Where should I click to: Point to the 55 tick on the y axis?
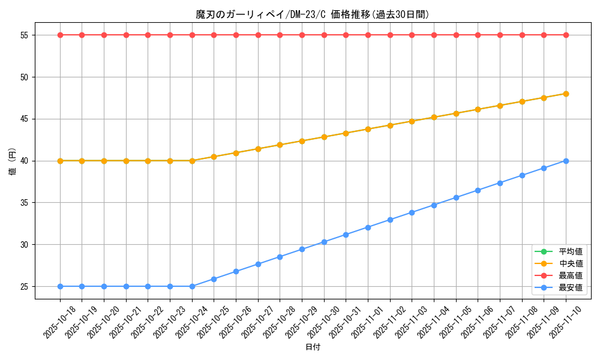click(25, 35)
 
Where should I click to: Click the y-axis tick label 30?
click(25, 245)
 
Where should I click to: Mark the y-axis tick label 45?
click(25, 119)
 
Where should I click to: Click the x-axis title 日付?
click(313, 347)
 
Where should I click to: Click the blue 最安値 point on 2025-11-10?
click(566, 161)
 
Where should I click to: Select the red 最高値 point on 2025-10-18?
click(60, 35)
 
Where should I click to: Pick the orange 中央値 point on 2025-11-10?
click(566, 94)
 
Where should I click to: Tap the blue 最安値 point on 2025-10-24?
click(192, 286)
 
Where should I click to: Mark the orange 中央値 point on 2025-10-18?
click(60, 161)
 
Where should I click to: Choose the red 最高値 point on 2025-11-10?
click(566, 35)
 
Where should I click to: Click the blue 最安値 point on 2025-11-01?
click(368, 227)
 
